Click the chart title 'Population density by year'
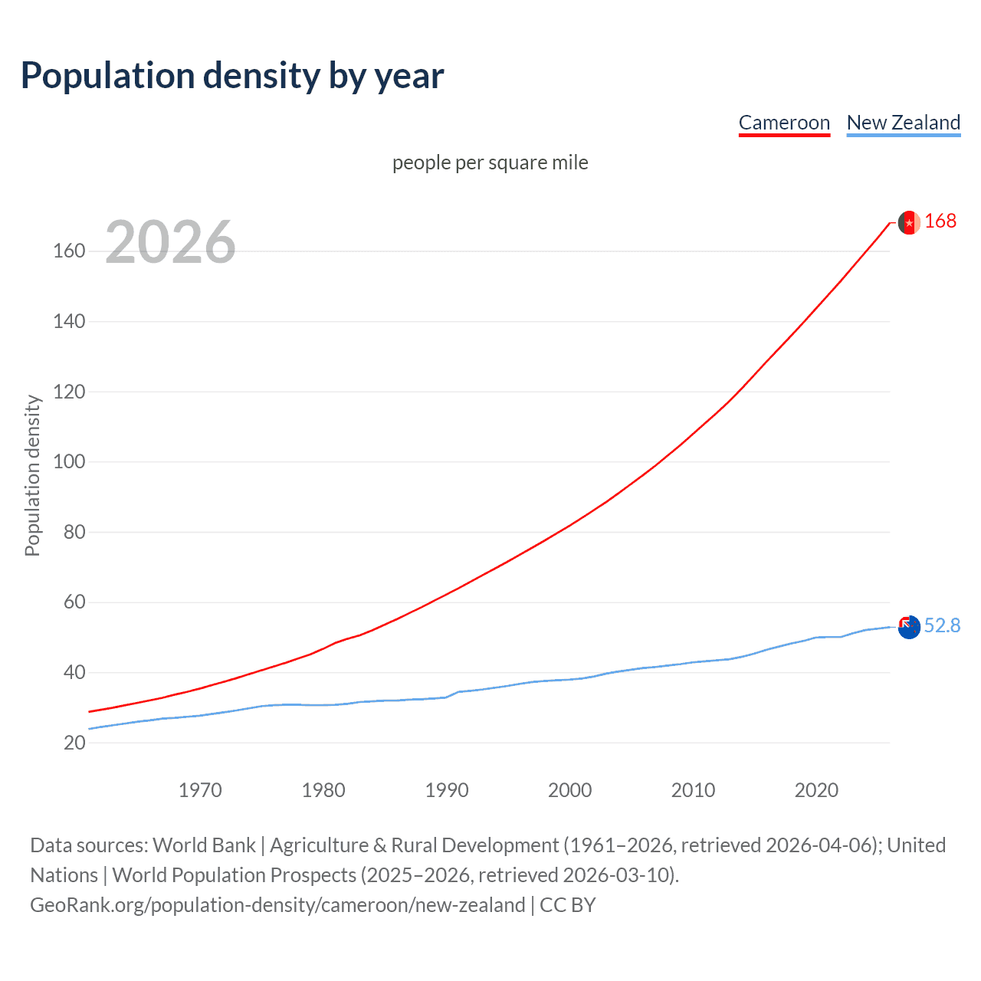tap(232, 76)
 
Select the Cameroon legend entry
tap(784, 123)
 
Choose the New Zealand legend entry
tap(903, 123)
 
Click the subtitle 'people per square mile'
tap(490, 163)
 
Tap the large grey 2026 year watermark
tap(170, 242)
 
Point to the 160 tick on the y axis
tap(69, 251)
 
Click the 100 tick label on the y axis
tap(69, 462)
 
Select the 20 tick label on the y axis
tap(74, 743)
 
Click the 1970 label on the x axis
tap(200, 790)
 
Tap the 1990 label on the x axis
tap(447, 790)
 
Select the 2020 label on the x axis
tap(816, 790)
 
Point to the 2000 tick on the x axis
tap(570, 790)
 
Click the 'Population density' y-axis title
tap(32, 475)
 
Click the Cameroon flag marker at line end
tap(909, 222)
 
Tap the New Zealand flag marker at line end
tap(909, 627)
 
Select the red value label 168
tap(940, 221)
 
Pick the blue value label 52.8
tap(942, 626)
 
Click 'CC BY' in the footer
tap(567, 905)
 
